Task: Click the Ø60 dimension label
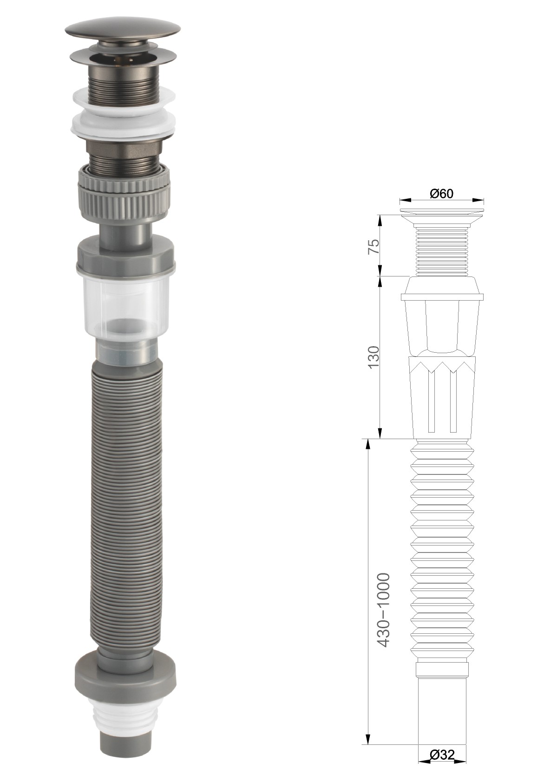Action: point(441,193)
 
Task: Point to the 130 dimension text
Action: point(374,357)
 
